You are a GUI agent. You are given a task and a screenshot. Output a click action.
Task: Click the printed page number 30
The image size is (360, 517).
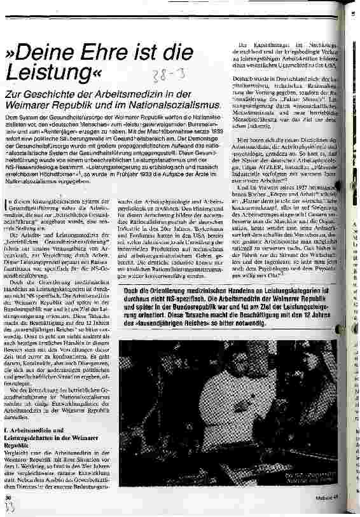tap(8, 499)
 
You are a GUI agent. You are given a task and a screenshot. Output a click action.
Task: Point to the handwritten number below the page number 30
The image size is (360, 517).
tap(9, 508)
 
